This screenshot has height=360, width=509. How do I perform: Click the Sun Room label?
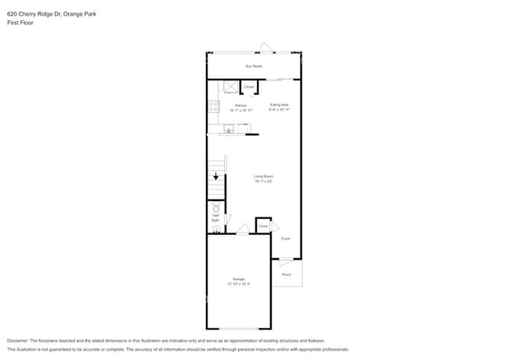253,66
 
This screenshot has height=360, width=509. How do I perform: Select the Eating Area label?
280,106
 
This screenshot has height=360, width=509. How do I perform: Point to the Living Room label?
262,178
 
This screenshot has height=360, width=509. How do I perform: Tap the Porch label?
287,275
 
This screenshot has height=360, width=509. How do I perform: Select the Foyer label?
286,239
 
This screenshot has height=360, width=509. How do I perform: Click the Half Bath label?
215,218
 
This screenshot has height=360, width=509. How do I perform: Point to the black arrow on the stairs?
216,177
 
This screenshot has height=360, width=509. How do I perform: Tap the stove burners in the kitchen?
213,107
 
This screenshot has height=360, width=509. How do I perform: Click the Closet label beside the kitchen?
249,87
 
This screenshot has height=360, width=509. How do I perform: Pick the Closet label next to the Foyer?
263,226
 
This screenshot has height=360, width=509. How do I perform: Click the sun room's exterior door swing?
266,49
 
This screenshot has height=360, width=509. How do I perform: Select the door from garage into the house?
243,230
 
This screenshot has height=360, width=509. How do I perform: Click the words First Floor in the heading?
20,23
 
